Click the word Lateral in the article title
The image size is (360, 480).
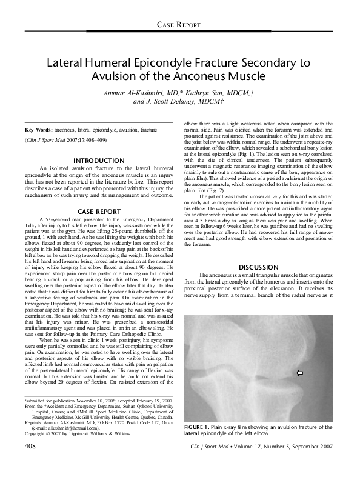pyautogui.click(x=68, y=63)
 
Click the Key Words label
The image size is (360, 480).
pyautogui.click(x=38, y=130)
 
